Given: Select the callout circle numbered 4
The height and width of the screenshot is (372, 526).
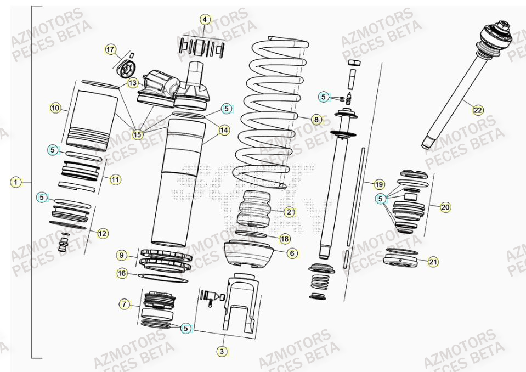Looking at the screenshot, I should coord(205,20).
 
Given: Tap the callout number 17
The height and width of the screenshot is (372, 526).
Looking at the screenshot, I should coord(111,50).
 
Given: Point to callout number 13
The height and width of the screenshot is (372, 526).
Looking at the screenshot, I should coord(133,83).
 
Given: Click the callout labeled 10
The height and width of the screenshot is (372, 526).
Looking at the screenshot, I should coord(55,108).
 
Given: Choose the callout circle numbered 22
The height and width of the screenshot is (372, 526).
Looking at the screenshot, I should coord(478,110).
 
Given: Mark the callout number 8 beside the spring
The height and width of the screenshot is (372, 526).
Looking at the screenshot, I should coord(316,119).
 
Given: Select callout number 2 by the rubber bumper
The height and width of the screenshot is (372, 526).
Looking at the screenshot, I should coord(290,211).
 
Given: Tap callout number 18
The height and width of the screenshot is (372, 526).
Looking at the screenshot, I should coord(284,239).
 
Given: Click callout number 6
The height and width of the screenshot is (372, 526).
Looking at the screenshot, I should coord(292,253).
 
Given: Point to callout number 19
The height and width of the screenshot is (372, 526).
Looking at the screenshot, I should coord(379,184).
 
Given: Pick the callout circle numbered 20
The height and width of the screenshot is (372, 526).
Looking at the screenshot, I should coord(445,207).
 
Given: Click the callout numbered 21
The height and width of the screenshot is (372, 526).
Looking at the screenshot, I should coord(433,262).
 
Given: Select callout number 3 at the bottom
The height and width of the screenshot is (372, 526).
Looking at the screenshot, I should coord(222,352).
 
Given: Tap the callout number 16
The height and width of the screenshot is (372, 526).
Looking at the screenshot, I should coord(122,273).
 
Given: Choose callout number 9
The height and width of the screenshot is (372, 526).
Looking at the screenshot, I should coord(122,255).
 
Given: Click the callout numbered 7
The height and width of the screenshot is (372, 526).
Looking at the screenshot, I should coord(125,303).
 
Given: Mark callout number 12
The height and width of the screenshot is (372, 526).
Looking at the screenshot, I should coord(103,233).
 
